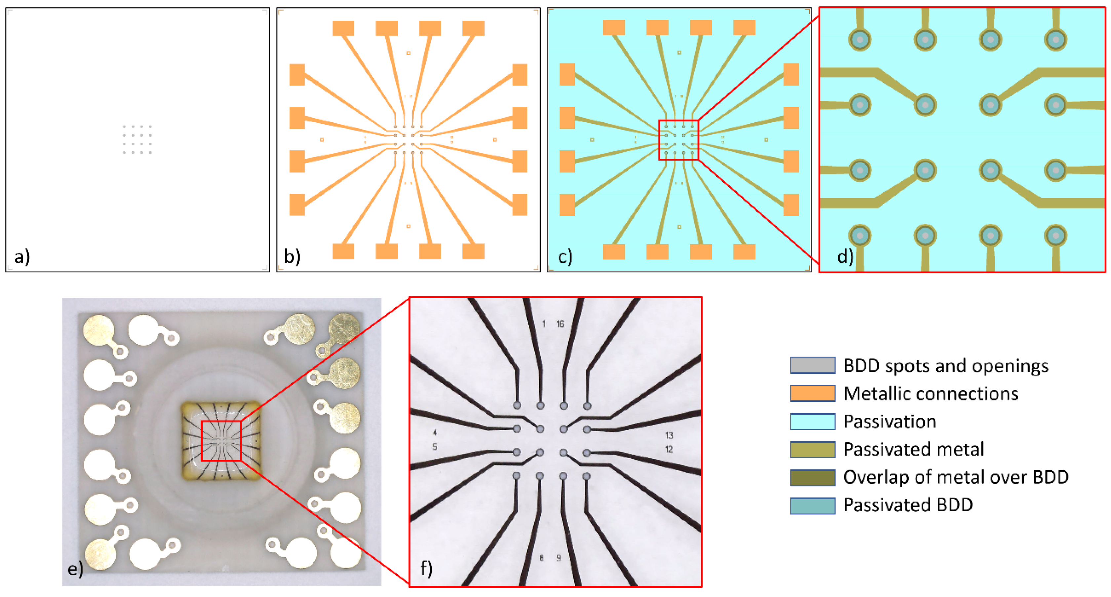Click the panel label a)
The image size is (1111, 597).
[21, 257]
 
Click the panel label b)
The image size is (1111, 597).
[292, 257]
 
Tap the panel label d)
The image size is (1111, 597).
[845, 257]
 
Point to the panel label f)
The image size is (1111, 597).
[426, 569]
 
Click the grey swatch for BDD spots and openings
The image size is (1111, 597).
[812, 365]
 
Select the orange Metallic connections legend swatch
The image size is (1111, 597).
[812, 393]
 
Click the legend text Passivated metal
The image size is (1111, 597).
[913, 449]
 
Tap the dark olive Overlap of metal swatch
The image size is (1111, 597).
[812, 477]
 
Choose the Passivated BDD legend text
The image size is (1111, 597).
[908, 505]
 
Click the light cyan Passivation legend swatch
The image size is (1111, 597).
[812, 421]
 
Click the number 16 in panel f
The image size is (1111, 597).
[560, 324]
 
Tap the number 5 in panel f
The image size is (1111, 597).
[435, 447]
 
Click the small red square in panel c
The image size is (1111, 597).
[678, 140]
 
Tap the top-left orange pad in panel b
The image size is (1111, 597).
[343, 28]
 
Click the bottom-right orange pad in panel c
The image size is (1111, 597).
[744, 251]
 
